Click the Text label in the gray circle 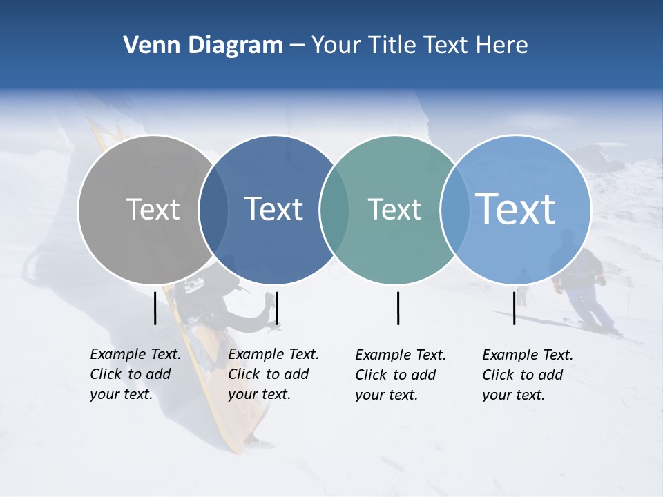(153, 209)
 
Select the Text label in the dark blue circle (273, 209)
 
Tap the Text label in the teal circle (394, 209)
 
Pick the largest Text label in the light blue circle (516, 208)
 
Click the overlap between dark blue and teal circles (334, 209)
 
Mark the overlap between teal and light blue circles (454, 209)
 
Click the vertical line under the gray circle (155, 308)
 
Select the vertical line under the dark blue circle (276, 308)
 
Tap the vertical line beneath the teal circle (398, 308)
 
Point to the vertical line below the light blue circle (514, 308)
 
